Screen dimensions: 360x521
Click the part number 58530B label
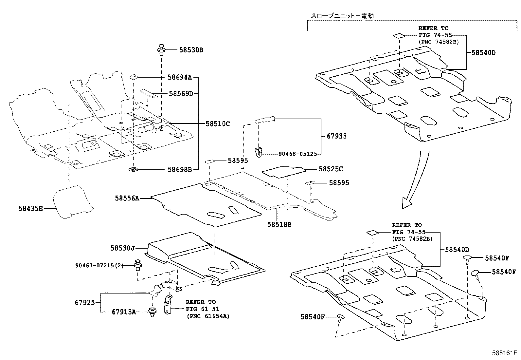click(x=191, y=50)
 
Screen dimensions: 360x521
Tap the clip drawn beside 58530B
click(x=161, y=49)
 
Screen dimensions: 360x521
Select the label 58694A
click(x=179, y=77)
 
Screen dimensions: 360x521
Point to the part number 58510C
click(x=218, y=124)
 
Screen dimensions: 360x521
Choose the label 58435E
click(x=30, y=208)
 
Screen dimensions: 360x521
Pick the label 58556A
click(x=127, y=198)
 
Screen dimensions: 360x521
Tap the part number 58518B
click(x=279, y=224)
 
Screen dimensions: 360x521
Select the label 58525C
click(x=331, y=169)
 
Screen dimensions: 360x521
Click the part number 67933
click(x=336, y=136)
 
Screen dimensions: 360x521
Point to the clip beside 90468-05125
click(x=259, y=153)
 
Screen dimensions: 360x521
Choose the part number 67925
click(x=85, y=302)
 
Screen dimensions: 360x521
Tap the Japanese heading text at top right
click(x=342, y=15)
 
